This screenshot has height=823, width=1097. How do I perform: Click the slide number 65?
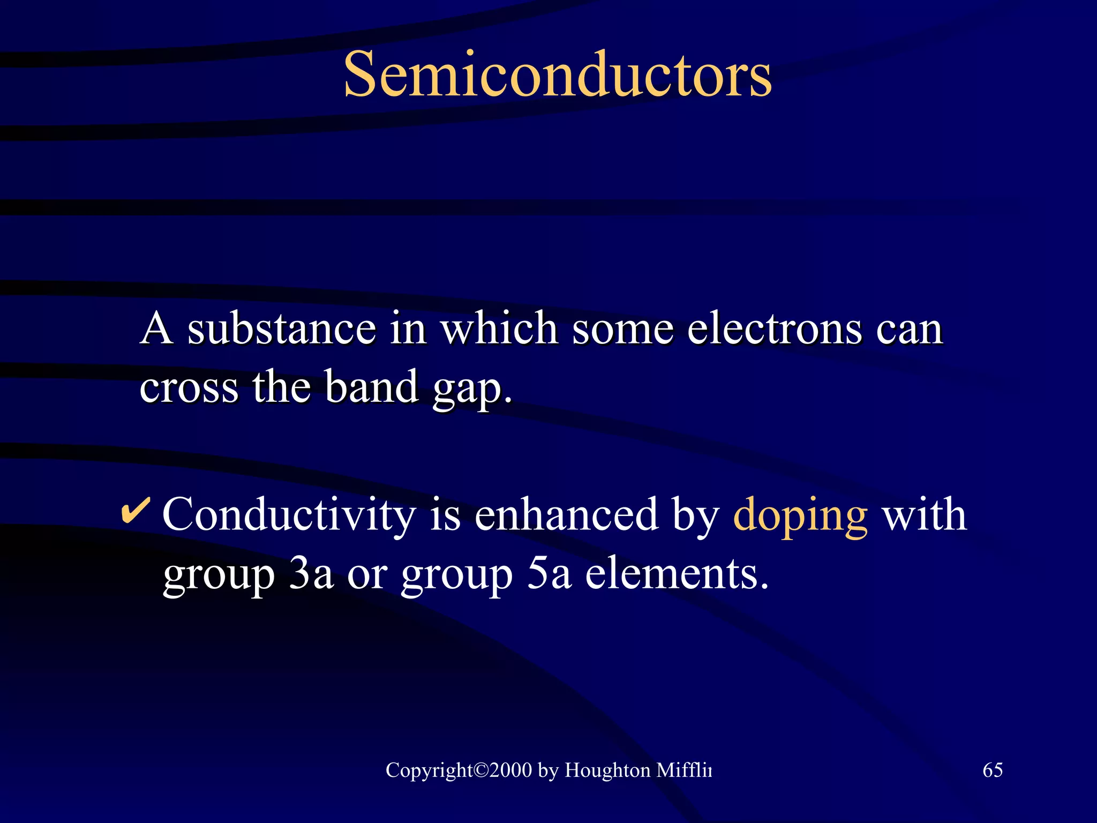(993, 770)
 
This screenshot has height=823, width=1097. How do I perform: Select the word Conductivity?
(289, 514)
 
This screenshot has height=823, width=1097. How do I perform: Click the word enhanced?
(566, 514)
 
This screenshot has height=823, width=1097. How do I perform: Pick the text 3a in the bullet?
(311, 574)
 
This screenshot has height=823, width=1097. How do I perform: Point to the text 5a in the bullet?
(549, 574)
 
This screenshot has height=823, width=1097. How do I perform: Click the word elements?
(677, 574)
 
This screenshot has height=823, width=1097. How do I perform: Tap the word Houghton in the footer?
(607, 770)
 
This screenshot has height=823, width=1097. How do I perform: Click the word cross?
(189, 387)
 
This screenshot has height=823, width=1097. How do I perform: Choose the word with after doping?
(925, 514)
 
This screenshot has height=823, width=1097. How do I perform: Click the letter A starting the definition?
(157, 328)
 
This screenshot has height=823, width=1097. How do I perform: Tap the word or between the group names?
(367, 575)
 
